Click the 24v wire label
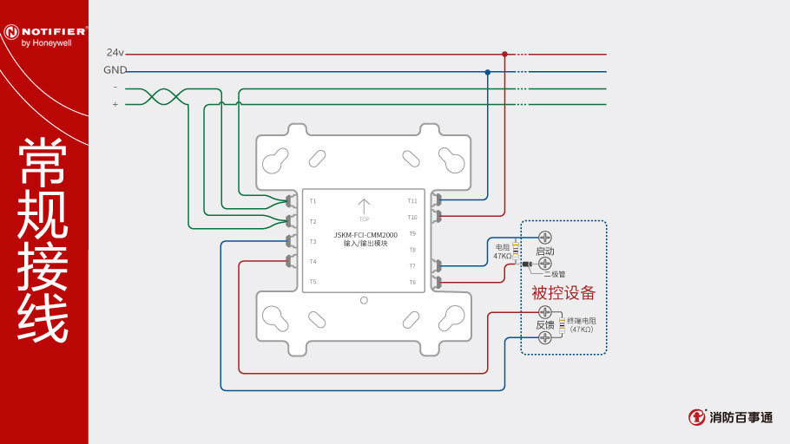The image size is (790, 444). pos(115,53)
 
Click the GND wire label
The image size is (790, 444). pos(115,70)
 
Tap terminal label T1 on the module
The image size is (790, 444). pos(313,201)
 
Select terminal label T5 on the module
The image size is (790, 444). pos(313,282)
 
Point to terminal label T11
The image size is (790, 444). pos(412,201)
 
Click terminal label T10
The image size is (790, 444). pos(412,217)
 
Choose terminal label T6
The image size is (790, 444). pos(412,282)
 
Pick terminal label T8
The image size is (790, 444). pos(412,250)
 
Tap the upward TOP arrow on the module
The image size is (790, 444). pos(364,206)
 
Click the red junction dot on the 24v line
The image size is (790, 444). pos(504,54)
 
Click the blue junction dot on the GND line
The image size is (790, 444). pos(488,72)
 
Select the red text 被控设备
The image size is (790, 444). pos(563,293)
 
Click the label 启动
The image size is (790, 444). pos(545,251)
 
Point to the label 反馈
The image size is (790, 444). pos(544,324)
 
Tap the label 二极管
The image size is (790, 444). pos(554,274)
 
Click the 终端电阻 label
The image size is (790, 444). pos(582,321)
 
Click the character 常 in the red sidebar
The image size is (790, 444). pos(43,162)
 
